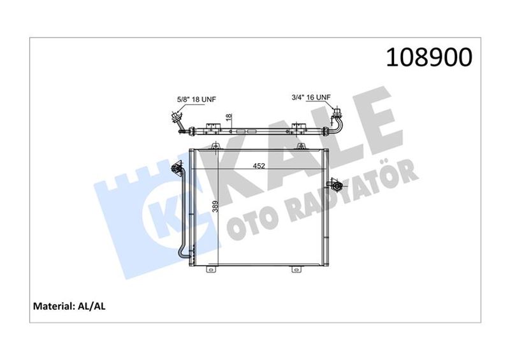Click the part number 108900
(x=429, y=57)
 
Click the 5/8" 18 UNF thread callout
(x=196, y=99)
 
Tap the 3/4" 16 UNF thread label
(x=311, y=97)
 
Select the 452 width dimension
(x=259, y=166)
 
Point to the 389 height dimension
(x=215, y=206)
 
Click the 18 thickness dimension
(x=229, y=117)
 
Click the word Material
(x=54, y=306)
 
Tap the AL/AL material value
(x=92, y=306)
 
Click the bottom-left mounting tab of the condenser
(x=211, y=270)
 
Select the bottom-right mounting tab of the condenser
(x=296, y=270)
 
